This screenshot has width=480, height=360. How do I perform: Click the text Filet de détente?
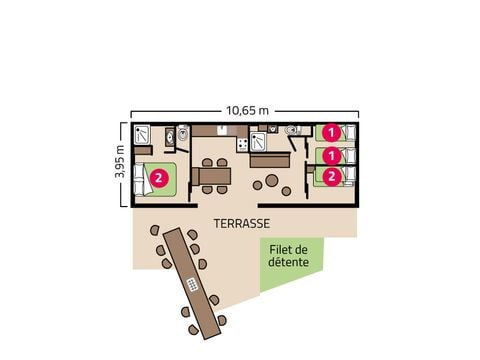(x=288, y=257)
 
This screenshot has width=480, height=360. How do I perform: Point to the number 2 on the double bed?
(x=159, y=180)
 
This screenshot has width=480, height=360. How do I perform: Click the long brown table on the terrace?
(x=191, y=283)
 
